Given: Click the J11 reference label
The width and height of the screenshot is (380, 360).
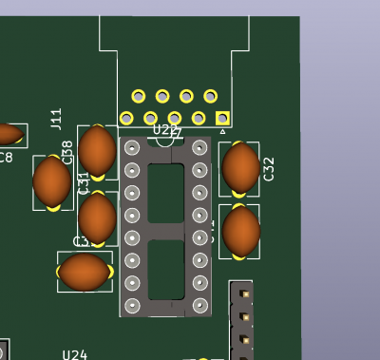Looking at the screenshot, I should pyautogui.click(x=57, y=119).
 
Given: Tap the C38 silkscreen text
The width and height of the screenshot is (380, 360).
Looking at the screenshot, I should pyautogui.click(x=67, y=151).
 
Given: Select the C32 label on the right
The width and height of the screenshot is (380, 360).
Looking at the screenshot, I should pyautogui.click(x=269, y=169).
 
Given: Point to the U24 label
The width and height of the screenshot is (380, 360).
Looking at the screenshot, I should pyautogui.click(x=75, y=354).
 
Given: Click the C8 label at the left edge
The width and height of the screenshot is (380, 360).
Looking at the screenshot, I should pyautogui.click(x=7, y=157).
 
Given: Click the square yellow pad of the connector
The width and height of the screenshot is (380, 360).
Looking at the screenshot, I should pyautogui.click(x=222, y=118).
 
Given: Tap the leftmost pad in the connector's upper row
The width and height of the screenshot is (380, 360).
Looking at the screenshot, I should pyautogui.click(x=139, y=96).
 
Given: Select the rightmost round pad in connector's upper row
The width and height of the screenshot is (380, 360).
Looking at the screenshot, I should pyautogui.click(x=210, y=96).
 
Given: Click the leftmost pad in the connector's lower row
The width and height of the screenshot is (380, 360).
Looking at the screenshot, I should pyautogui.click(x=126, y=118).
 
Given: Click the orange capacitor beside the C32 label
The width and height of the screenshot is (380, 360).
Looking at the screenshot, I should pyautogui.click(x=240, y=167).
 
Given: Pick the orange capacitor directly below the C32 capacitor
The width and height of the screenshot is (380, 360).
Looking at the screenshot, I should pyautogui.click(x=240, y=231).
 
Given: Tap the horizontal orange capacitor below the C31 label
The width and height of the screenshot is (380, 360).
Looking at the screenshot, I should pyautogui.click(x=85, y=272).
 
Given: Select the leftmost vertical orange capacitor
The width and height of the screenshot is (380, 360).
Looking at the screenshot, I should pyautogui.click(x=51, y=181).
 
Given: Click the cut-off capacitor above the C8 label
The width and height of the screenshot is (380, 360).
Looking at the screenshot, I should pyautogui.click(x=8, y=134).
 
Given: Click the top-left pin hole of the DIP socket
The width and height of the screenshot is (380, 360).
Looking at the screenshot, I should pyautogui.click(x=132, y=147).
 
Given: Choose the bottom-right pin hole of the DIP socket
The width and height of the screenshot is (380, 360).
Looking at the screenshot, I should pyautogui.click(x=200, y=305).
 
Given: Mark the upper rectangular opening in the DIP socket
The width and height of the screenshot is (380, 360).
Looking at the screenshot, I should pyautogui.click(x=166, y=192).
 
